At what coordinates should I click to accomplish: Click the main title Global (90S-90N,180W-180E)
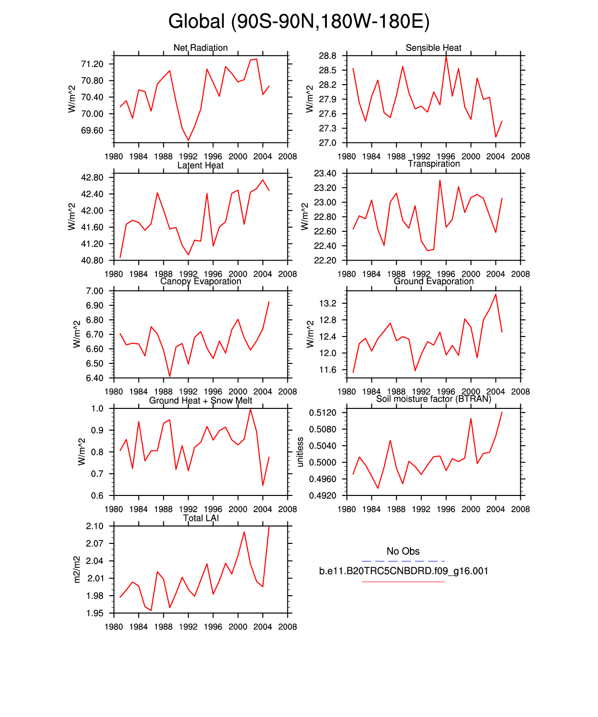pos(299,22)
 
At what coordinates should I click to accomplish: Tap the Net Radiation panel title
pos(200,47)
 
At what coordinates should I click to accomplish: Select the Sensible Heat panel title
pos(433,47)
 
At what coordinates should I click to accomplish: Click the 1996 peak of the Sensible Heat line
pos(446,56)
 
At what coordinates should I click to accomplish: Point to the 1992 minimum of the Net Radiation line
pos(189,140)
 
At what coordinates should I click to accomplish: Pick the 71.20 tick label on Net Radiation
pos(92,64)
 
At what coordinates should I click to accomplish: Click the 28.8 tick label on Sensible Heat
pos(327,56)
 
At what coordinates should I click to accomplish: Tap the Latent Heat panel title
pos(200,165)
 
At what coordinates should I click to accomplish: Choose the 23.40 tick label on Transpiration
pos(325,174)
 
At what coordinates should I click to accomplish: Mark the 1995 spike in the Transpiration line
pos(440,180)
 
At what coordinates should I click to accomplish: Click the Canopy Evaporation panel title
pos(200,281)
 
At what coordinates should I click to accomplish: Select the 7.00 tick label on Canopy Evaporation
pos(94,291)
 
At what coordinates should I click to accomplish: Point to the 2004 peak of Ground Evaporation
pos(496,294)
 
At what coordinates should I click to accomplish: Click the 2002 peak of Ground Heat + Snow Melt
pos(251,409)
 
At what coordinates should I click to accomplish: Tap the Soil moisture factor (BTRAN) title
pos(433,399)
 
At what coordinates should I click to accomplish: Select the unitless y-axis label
pos(300,452)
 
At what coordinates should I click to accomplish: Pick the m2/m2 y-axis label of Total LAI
pos(77,569)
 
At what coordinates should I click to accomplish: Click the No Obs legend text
pos(403,551)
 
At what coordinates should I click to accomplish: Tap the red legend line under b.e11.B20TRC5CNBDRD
pos(403,582)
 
